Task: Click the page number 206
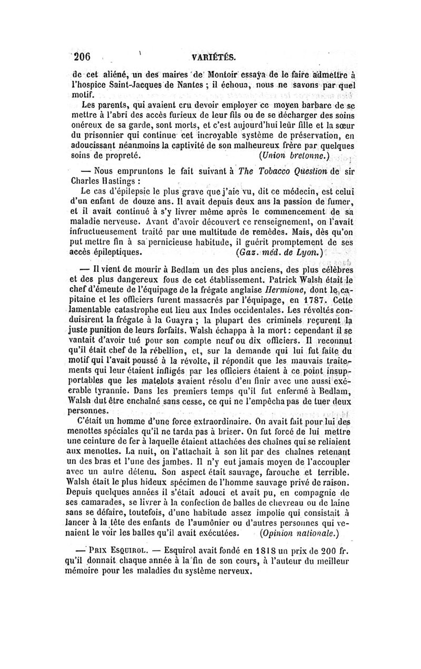[x=83, y=57]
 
